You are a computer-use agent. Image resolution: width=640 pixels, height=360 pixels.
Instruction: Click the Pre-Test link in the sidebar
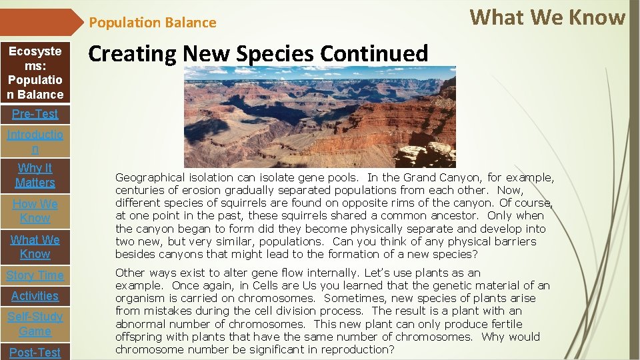pos(35,114)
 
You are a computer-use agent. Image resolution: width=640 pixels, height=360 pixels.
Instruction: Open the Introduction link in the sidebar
pos(35,142)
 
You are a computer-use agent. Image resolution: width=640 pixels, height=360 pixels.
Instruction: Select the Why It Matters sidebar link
pos(35,175)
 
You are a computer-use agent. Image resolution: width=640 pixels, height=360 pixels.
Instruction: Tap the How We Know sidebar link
pos(35,211)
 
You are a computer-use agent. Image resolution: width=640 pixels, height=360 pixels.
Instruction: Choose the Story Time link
pos(35,275)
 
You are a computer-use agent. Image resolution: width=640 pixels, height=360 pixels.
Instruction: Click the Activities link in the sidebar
pos(35,296)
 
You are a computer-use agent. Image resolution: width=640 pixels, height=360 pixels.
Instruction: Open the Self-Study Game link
pos(35,324)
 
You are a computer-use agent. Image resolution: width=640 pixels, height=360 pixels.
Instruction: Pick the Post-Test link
pos(35,352)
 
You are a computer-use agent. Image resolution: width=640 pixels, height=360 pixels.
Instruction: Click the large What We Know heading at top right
pos(547,18)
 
